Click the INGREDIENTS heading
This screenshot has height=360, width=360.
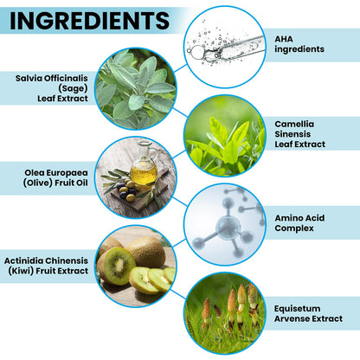89,21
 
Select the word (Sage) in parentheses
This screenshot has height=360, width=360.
73,88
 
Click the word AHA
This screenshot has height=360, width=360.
284,39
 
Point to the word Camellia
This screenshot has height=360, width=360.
294,124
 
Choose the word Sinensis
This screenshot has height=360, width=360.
292,134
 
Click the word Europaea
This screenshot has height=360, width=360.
67,173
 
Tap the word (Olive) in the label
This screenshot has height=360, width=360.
38,183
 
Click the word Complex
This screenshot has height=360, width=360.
294,228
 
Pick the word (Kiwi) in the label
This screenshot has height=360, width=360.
21,271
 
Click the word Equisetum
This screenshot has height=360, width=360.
297,309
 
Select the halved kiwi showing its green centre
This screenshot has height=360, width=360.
117,265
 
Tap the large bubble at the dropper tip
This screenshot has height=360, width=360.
198,52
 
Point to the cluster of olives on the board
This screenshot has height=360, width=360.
127,190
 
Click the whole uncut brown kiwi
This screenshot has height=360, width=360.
146,252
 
